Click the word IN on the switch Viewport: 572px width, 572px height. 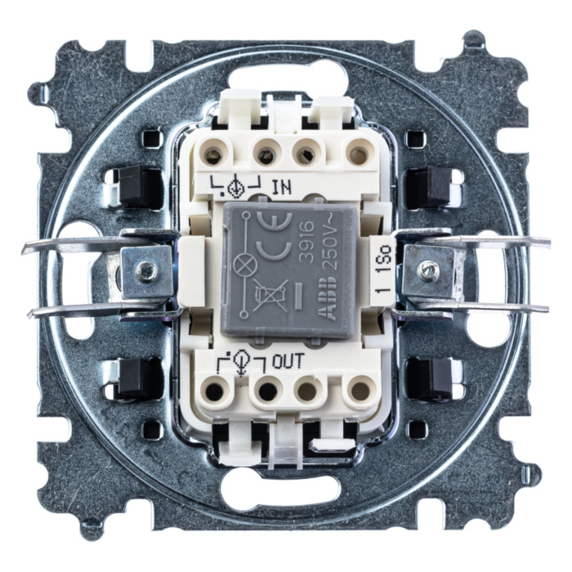(282, 187)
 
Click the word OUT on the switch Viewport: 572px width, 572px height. (288, 361)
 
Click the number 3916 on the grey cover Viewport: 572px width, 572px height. (308, 241)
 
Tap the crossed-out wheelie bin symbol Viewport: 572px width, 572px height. (270, 295)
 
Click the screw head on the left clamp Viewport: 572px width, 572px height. (146, 270)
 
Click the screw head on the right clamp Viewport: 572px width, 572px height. (427, 270)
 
